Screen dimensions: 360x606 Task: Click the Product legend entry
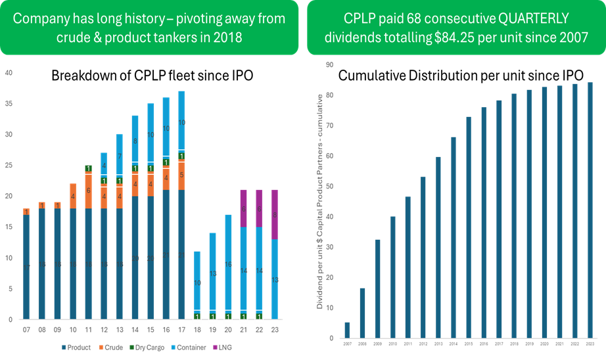click(77, 346)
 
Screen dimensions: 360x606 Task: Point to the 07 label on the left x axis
click(26, 330)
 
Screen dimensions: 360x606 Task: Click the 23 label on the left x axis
click(274, 330)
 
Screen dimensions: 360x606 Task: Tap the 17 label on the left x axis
click(181, 330)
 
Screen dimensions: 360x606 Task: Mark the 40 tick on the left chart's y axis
click(9, 73)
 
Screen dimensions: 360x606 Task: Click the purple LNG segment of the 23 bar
click(274, 214)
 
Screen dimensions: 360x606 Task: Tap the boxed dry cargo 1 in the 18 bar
click(197, 316)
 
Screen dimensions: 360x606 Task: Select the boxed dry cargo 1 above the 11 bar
click(88, 168)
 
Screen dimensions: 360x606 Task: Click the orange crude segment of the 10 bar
click(72, 196)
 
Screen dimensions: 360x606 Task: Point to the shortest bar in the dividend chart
click(347, 330)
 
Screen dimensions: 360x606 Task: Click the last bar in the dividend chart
click(590, 210)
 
